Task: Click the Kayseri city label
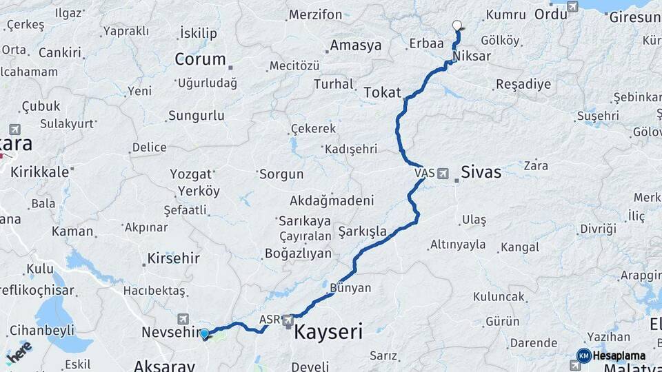pos(328,333)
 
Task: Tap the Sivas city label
pos(481,172)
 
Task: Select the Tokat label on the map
pos(382,92)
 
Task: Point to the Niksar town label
pos(472,56)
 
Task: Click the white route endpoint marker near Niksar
pos(457,25)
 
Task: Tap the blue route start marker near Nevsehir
pos(204,334)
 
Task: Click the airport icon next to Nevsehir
pos(183,318)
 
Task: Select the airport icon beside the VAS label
pos(443,172)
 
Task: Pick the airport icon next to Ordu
pos(572,7)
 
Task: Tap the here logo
pos(19,352)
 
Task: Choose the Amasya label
pos(356,45)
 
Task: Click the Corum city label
pos(200,59)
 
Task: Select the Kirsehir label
pos(173,259)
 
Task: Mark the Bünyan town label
pos(351,288)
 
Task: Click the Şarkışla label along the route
pos(363,231)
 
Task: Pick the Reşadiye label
pos(523,85)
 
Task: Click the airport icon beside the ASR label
pos(288,320)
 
